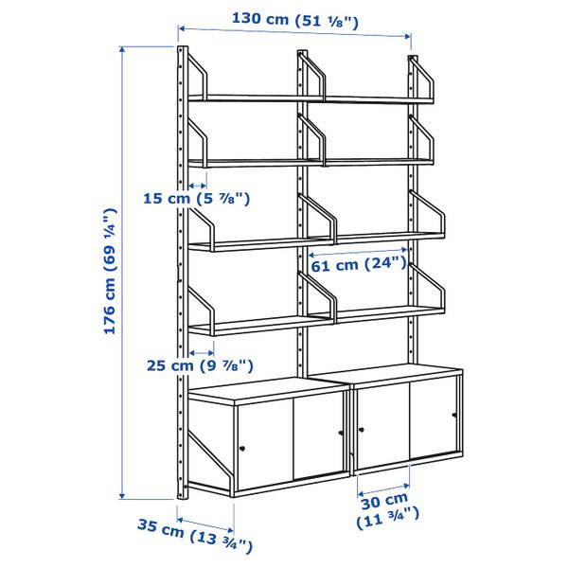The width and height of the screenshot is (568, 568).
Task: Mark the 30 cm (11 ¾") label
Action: click(383, 508)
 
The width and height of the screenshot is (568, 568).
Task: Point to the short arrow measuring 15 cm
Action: click(198, 185)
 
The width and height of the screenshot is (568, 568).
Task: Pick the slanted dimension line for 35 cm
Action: click(205, 521)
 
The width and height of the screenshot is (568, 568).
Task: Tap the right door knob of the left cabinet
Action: click(341, 434)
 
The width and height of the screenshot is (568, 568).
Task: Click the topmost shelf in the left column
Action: click(256, 98)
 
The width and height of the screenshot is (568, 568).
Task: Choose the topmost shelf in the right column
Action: click(374, 98)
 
